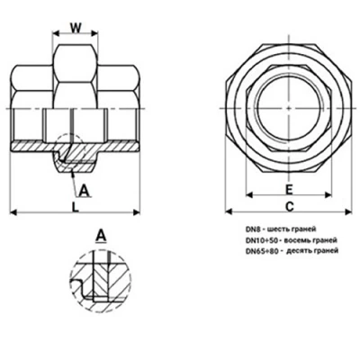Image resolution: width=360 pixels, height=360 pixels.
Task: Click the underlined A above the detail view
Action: coord(102,236)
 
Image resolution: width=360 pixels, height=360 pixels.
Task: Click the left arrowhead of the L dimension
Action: coord(15,212)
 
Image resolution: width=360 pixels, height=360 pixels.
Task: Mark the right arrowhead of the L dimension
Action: coord(139,212)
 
